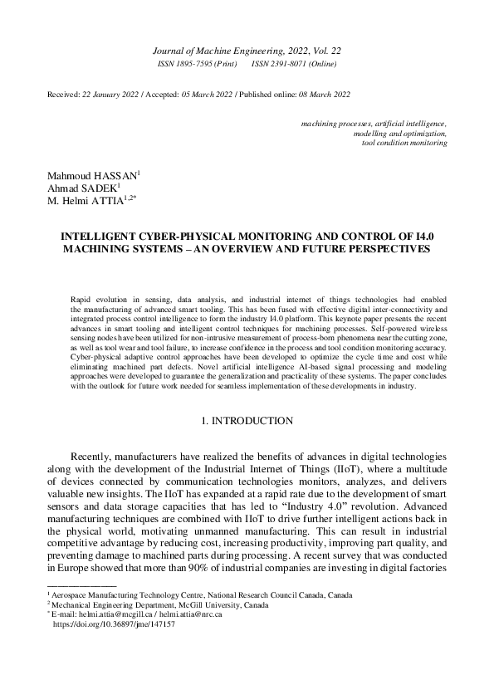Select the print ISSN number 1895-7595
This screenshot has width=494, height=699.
pyautogui.click(x=198, y=64)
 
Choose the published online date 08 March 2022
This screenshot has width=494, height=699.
pyautogui.click(x=323, y=95)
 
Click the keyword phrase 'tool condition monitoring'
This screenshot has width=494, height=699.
pyautogui.click(x=405, y=143)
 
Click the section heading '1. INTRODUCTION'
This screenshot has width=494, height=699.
pyautogui.click(x=247, y=421)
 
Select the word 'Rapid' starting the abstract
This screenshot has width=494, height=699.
pyautogui.click(x=82, y=297)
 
